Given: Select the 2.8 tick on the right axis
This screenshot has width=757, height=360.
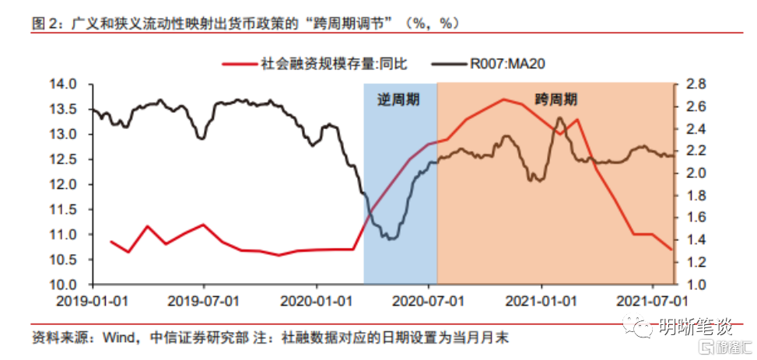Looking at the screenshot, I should point(694,84).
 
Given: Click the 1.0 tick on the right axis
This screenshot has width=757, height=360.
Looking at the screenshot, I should point(694,285).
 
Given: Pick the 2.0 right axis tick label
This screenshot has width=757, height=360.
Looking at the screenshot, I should point(694,173).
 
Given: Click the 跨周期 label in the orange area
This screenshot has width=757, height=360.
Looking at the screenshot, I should point(555,100).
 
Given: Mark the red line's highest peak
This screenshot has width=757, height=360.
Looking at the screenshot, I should point(504,100).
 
